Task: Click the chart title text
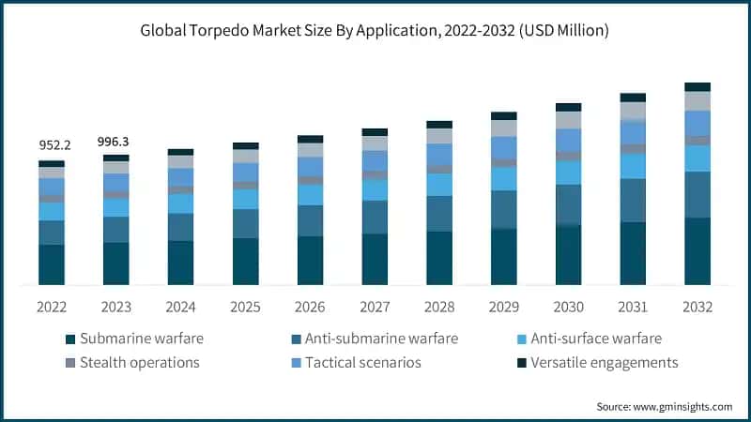(x=375, y=31)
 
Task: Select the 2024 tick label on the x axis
(x=180, y=307)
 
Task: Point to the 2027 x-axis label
(x=375, y=307)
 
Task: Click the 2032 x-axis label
(x=697, y=307)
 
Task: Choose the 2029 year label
(x=504, y=307)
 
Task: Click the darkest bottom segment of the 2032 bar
(x=697, y=250)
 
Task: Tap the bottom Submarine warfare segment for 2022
(x=52, y=264)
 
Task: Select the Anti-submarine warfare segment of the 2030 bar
(x=568, y=204)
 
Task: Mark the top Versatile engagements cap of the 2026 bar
(x=310, y=139)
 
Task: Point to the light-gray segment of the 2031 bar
(x=633, y=111)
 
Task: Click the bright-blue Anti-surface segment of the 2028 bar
(x=439, y=185)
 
